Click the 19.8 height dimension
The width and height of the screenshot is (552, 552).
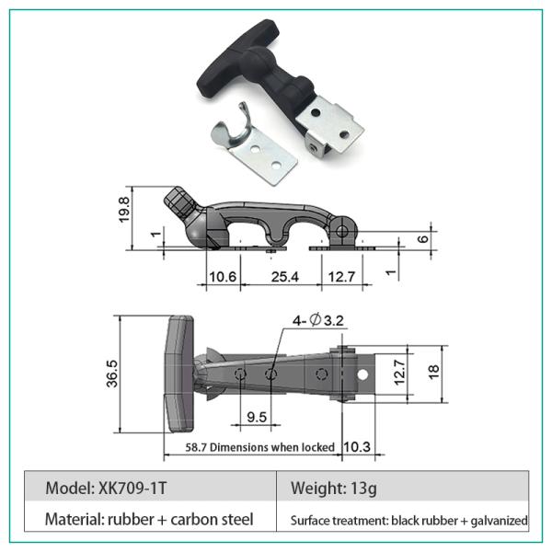124,209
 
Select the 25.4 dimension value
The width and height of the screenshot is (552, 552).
285,277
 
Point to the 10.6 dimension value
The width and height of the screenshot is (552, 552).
223,277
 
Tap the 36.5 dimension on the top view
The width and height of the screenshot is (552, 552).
112,374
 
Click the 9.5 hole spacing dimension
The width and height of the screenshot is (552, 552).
257,417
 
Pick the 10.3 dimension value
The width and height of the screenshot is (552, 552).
357,447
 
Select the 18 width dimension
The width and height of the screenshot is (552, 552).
433,373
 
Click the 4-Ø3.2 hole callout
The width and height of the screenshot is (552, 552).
318,320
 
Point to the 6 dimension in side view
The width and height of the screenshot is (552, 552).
423,239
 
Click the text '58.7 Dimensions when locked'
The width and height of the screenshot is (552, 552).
259,447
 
